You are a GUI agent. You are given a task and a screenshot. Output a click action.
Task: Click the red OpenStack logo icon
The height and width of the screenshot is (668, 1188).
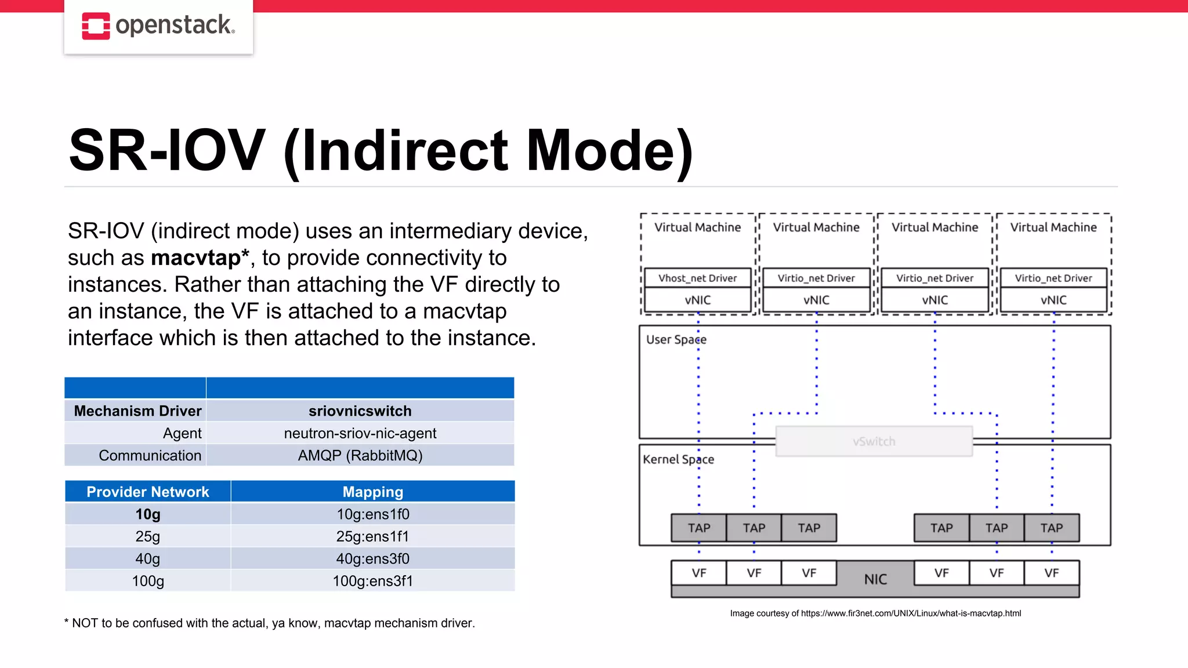96,26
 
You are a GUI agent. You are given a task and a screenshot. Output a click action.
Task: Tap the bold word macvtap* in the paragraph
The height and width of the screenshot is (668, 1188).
200,258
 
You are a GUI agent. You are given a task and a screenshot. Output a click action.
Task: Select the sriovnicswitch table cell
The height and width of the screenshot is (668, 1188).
360,411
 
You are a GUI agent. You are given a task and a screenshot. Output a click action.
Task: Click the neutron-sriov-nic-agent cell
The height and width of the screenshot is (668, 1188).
360,433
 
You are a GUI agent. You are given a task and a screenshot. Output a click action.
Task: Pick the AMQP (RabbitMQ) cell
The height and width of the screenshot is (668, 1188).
360,456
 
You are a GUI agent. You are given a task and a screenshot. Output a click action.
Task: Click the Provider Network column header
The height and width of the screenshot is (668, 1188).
147,492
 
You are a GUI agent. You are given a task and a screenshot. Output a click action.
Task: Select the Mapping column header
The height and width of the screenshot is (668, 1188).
372,492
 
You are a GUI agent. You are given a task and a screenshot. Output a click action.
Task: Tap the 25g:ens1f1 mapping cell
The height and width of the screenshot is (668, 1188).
372,536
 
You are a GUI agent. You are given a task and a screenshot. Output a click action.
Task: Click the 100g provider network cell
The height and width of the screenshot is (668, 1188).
147,581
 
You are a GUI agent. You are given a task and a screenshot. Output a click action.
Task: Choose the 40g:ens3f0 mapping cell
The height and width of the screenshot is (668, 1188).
372,559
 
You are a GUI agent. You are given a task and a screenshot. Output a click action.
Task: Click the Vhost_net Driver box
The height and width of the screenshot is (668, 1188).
697,278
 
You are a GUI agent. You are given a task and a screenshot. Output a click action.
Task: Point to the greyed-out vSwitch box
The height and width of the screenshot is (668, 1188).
874,441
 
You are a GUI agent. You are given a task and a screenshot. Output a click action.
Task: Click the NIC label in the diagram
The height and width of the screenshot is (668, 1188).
875,579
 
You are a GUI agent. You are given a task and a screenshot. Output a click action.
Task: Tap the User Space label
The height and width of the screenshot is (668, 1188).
676,340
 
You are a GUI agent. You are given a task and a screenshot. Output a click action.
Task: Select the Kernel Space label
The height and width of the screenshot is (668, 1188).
678,460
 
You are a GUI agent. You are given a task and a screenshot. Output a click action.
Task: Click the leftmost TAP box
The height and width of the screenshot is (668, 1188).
698,528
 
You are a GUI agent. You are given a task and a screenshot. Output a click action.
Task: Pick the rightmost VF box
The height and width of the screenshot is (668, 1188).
1051,573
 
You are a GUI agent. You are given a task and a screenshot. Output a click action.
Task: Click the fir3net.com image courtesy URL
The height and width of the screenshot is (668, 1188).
911,613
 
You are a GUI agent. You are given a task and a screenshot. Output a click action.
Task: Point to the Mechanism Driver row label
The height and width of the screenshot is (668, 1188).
137,411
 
